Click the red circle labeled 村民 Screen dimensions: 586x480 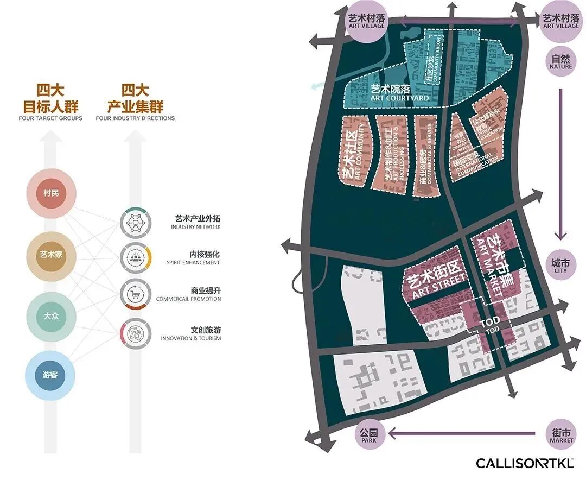pyautogui.click(x=51, y=193)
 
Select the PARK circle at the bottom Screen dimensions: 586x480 pyautogui.click(x=372, y=435)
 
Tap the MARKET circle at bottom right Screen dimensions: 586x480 pyautogui.click(x=561, y=435)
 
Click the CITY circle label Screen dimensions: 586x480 pyautogui.click(x=560, y=266)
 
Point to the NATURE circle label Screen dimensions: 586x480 pyautogui.click(x=560, y=61)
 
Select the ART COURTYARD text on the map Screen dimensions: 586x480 pyautogui.click(x=399, y=94)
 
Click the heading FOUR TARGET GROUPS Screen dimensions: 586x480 pyautogui.click(x=50, y=118)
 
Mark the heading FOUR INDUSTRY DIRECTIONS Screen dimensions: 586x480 pyautogui.click(x=135, y=118)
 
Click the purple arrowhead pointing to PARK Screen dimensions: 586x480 pyautogui.click(x=392, y=433)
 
